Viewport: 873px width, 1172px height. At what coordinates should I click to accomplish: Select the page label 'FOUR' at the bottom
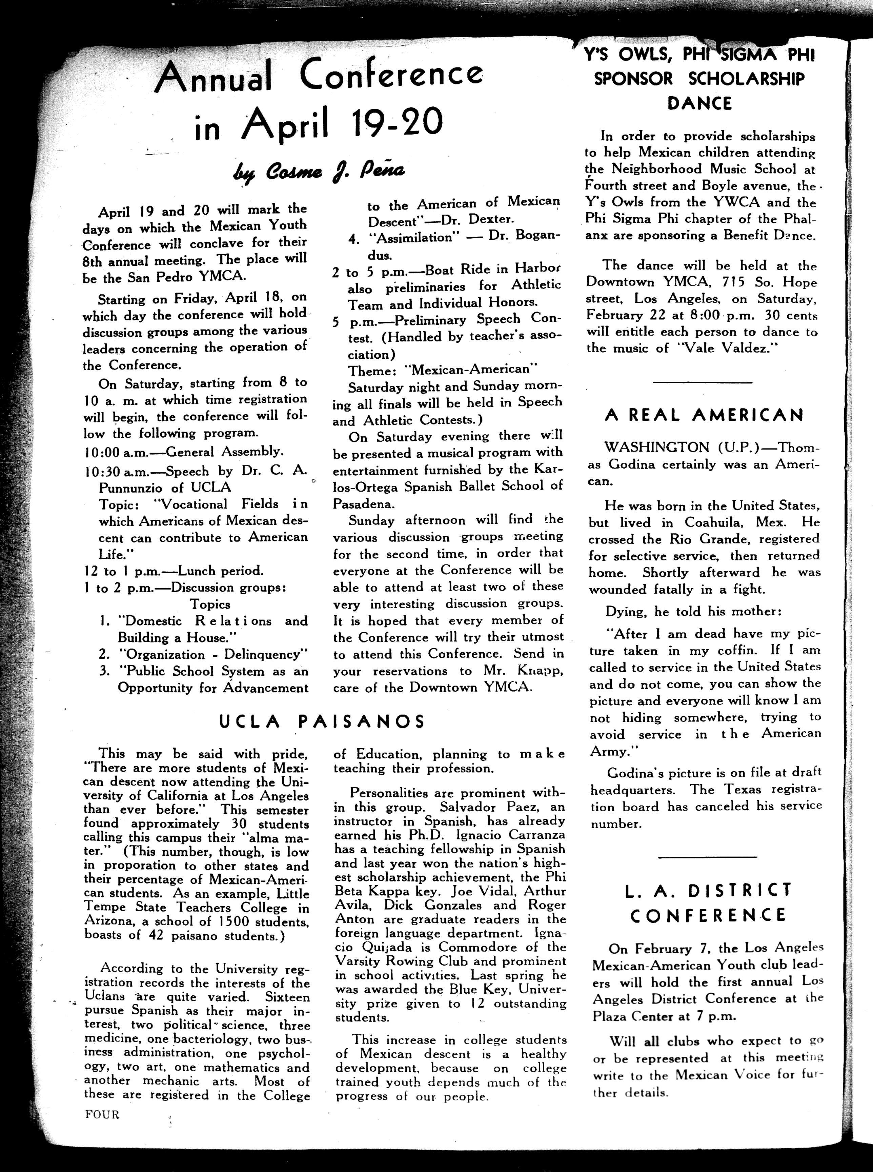(102, 1114)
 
